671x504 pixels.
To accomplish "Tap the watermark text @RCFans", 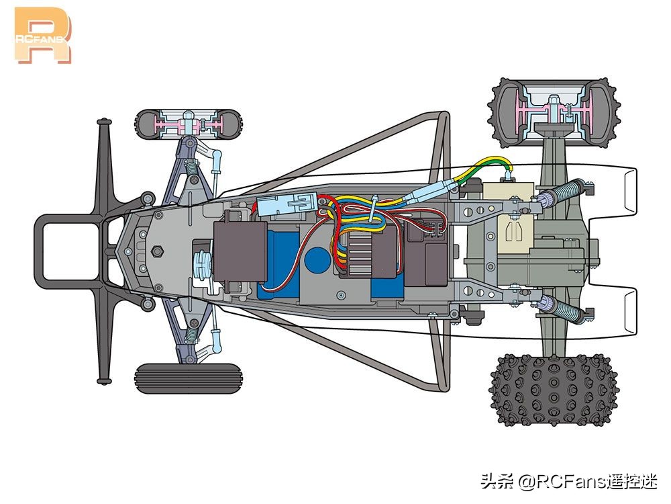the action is point(560,482).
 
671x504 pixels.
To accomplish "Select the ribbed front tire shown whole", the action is point(189,378).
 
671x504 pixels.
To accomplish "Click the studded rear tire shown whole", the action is point(554,390).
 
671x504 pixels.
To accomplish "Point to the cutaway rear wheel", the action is point(554,113).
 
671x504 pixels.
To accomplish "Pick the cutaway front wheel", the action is point(189,124).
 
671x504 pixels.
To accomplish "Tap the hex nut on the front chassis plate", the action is point(158,251).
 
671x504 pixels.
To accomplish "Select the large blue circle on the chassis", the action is point(317,260).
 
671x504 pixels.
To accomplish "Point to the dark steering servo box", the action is point(240,251).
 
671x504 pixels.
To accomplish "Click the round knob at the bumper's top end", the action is point(104,122).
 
